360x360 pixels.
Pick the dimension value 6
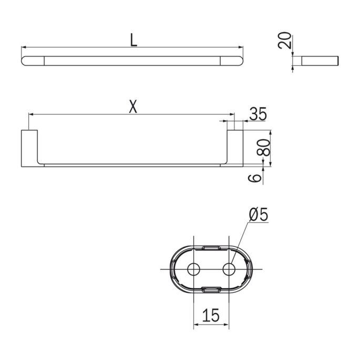tap(256, 178)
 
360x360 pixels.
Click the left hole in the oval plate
tap(194, 269)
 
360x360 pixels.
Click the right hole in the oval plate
tap(229, 269)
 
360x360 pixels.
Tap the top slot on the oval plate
tap(211, 246)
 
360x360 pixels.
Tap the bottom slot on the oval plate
tap(211, 288)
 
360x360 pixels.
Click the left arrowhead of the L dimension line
tap(24, 48)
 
